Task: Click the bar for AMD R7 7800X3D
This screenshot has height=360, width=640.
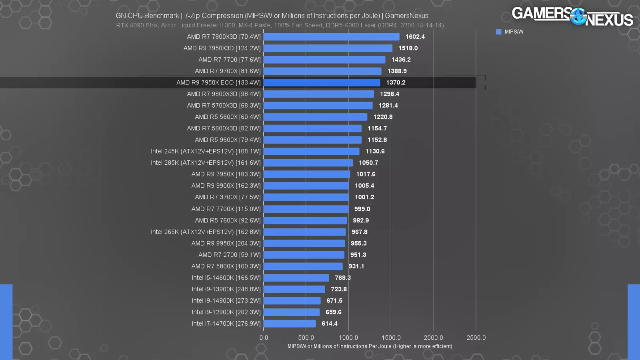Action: tap(331, 37)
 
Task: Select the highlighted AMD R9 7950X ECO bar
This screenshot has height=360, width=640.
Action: tap(322, 83)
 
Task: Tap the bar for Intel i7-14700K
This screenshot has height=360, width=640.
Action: tap(290, 324)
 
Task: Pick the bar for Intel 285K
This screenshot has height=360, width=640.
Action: tap(308, 163)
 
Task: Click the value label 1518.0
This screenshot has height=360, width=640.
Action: tap(408, 48)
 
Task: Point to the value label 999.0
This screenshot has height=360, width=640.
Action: tap(362, 209)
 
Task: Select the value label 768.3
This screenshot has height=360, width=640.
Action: tap(342, 278)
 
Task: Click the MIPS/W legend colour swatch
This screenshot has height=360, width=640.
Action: tap(498, 32)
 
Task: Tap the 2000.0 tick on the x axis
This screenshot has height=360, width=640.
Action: tap(433, 338)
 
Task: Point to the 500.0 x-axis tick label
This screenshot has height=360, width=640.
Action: tap(306, 338)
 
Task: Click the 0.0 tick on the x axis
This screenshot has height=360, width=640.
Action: tap(264, 338)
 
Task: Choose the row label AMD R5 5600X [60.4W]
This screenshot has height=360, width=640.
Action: tap(228, 117)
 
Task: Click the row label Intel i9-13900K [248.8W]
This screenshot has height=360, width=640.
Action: tap(226, 289)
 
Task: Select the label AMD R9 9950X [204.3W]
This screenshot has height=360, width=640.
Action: tap(226, 243)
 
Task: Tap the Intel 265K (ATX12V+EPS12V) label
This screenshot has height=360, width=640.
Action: tap(206, 232)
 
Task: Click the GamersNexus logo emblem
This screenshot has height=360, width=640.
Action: tap(578, 16)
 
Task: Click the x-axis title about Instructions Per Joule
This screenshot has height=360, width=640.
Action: tap(370, 346)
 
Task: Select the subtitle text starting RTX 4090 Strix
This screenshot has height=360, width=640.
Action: tap(280, 25)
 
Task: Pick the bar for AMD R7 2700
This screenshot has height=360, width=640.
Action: tap(304, 255)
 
